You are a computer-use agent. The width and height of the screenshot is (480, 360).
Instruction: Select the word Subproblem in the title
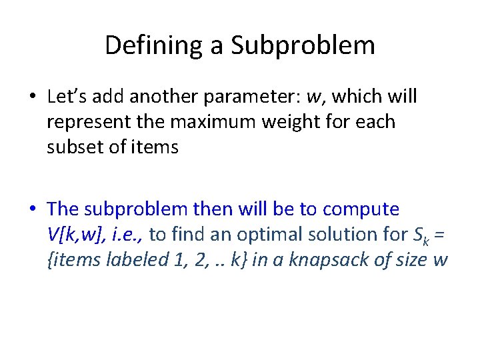(x=303, y=45)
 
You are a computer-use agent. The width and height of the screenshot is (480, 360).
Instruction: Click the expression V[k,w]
(x=73, y=234)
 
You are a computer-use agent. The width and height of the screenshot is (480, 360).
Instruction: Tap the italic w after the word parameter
(x=313, y=97)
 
